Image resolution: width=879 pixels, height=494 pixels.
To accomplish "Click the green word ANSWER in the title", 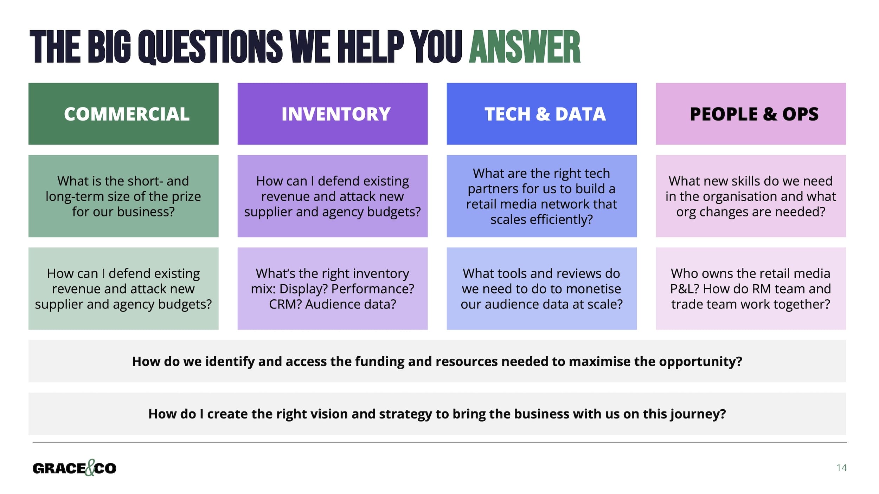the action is (525, 47).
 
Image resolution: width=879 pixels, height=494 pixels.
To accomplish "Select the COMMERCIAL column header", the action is (123, 114).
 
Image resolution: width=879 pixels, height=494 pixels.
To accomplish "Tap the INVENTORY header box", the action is (333, 114).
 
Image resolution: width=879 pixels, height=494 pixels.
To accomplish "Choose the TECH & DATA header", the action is (541, 114).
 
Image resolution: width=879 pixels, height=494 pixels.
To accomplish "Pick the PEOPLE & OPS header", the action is (751, 114).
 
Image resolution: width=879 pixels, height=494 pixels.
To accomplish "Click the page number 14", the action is (841, 468).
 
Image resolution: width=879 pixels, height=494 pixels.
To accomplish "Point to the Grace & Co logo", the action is (74, 468).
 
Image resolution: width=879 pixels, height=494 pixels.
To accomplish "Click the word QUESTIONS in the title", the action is (210, 47).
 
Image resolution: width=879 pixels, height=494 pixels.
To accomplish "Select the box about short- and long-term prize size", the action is (123, 196).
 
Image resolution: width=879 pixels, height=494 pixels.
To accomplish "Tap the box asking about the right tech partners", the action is (541, 196).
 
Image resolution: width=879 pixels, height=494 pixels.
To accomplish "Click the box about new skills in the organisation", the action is (751, 196).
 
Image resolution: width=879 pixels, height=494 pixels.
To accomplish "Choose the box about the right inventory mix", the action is (333, 288).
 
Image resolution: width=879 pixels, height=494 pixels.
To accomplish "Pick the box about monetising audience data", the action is (541, 288).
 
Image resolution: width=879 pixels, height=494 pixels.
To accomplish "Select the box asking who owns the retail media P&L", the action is (751, 288).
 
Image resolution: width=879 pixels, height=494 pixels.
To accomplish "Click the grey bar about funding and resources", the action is (437, 361).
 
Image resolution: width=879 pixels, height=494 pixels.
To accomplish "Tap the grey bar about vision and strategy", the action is (437, 414).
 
